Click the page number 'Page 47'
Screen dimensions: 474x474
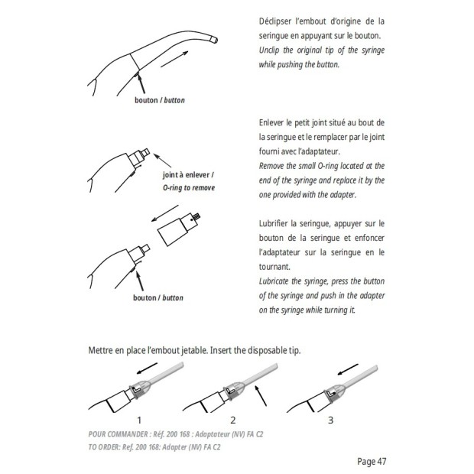point(372,461)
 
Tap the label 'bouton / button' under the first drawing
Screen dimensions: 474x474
point(159,100)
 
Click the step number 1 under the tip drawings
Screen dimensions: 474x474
point(139,420)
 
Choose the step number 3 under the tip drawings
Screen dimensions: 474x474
point(330,420)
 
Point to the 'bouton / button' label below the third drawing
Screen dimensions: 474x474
point(159,297)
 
